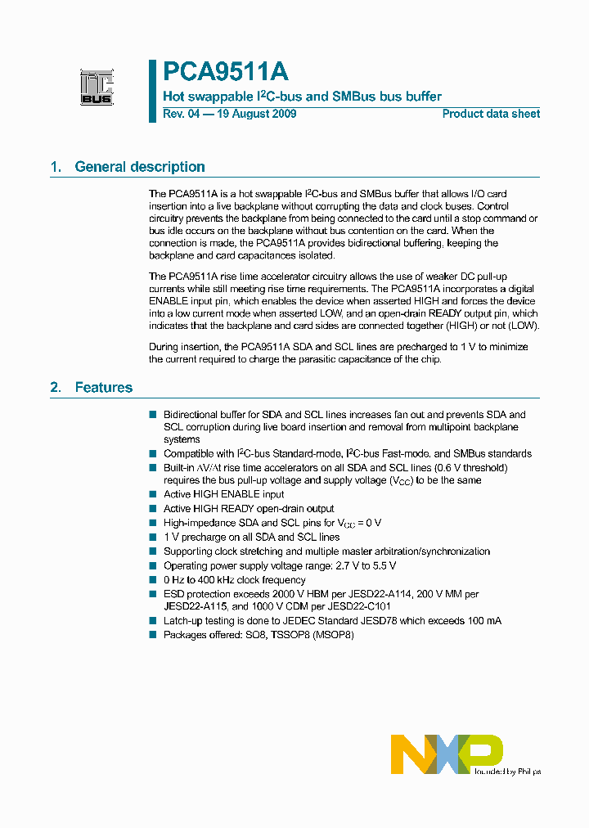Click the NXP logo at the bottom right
click(x=447, y=754)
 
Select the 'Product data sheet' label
click(x=491, y=114)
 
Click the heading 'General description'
click(x=140, y=167)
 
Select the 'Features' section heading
click(x=103, y=387)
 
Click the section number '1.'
click(x=56, y=167)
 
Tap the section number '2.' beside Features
click(x=56, y=387)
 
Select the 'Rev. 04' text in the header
click(x=181, y=114)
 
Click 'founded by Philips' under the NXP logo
click(x=508, y=772)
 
